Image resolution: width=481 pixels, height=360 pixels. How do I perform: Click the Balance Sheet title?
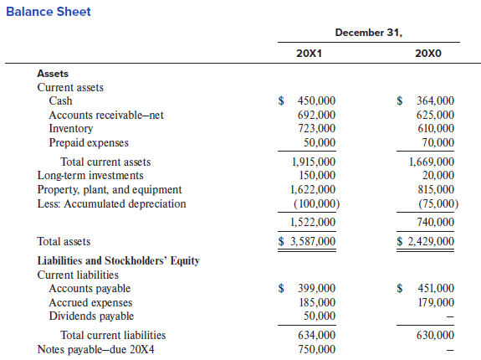[x=49, y=12]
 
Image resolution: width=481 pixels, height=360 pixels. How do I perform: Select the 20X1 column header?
[x=310, y=54]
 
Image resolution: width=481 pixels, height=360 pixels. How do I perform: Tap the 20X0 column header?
[x=428, y=54]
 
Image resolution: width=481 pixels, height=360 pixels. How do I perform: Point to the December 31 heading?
[x=368, y=33]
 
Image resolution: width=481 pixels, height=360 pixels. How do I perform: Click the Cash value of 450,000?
[x=316, y=100]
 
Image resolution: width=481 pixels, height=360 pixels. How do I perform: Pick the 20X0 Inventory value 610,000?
[x=436, y=128]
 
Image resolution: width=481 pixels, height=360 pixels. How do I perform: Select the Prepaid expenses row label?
[x=89, y=142]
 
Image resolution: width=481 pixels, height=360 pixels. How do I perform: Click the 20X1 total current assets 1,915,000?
[x=314, y=162]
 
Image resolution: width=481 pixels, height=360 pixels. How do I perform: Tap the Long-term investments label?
[x=90, y=175]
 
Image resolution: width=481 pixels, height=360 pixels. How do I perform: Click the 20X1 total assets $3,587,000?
[x=307, y=241]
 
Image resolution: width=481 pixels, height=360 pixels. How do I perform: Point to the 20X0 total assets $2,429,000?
[x=425, y=241]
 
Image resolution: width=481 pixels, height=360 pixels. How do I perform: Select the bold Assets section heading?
[x=53, y=74]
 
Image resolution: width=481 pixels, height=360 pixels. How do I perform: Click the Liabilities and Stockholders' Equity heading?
[x=119, y=260]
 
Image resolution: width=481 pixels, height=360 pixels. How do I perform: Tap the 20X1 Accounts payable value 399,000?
[x=316, y=288]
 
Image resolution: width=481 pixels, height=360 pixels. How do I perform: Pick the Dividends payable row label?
[x=91, y=316]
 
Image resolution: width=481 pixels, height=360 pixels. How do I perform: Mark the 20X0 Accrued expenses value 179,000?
[x=436, y=302]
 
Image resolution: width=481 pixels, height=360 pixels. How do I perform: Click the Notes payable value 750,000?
[x=316, y=349]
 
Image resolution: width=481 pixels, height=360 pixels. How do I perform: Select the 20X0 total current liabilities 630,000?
[x=435, y=335]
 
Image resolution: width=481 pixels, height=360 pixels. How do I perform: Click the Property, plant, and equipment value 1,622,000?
[x=313, y=189]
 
